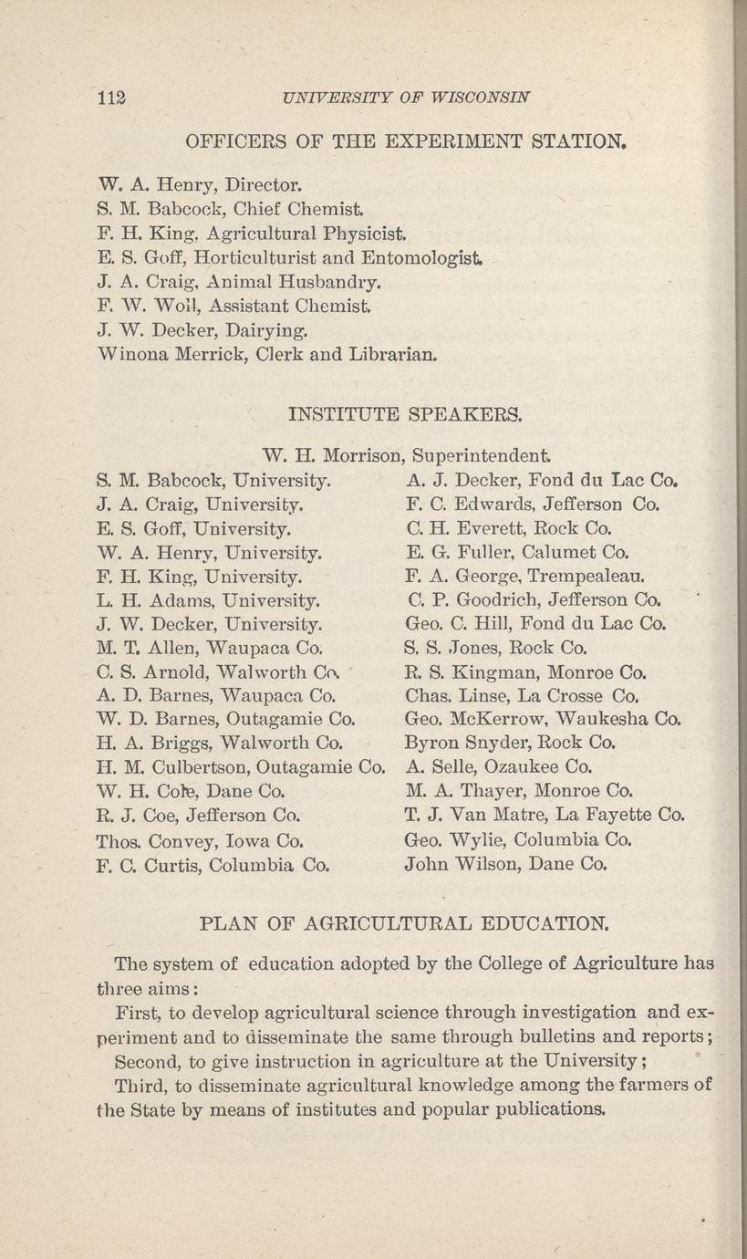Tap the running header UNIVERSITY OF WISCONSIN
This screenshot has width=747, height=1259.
[x=407, y=97]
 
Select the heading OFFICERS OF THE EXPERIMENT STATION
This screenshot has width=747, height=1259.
[x=406, y=142]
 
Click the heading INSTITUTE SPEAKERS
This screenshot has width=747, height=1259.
[x=406, y=416]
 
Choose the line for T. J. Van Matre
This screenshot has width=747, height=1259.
[x=544, y=815]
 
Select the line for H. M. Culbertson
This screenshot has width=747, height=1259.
[x=242, y=767]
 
